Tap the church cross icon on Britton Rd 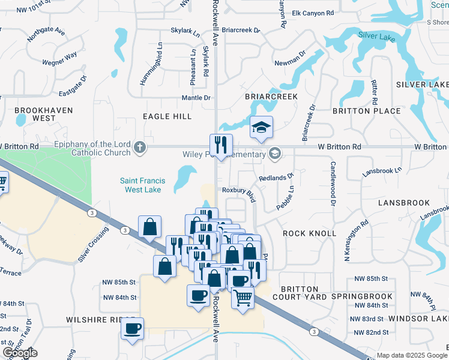[140, 147]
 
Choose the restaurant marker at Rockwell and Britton [221, 145]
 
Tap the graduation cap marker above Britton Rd [261, 127]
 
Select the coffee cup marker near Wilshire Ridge [132, 328]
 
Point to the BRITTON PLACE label [367, 111]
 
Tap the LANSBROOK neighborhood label [404, 203]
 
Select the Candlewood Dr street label [332, 184]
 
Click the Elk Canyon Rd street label [312, 13]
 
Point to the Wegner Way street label [59, 59]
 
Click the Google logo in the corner [20, 353]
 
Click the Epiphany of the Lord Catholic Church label [92, 148]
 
